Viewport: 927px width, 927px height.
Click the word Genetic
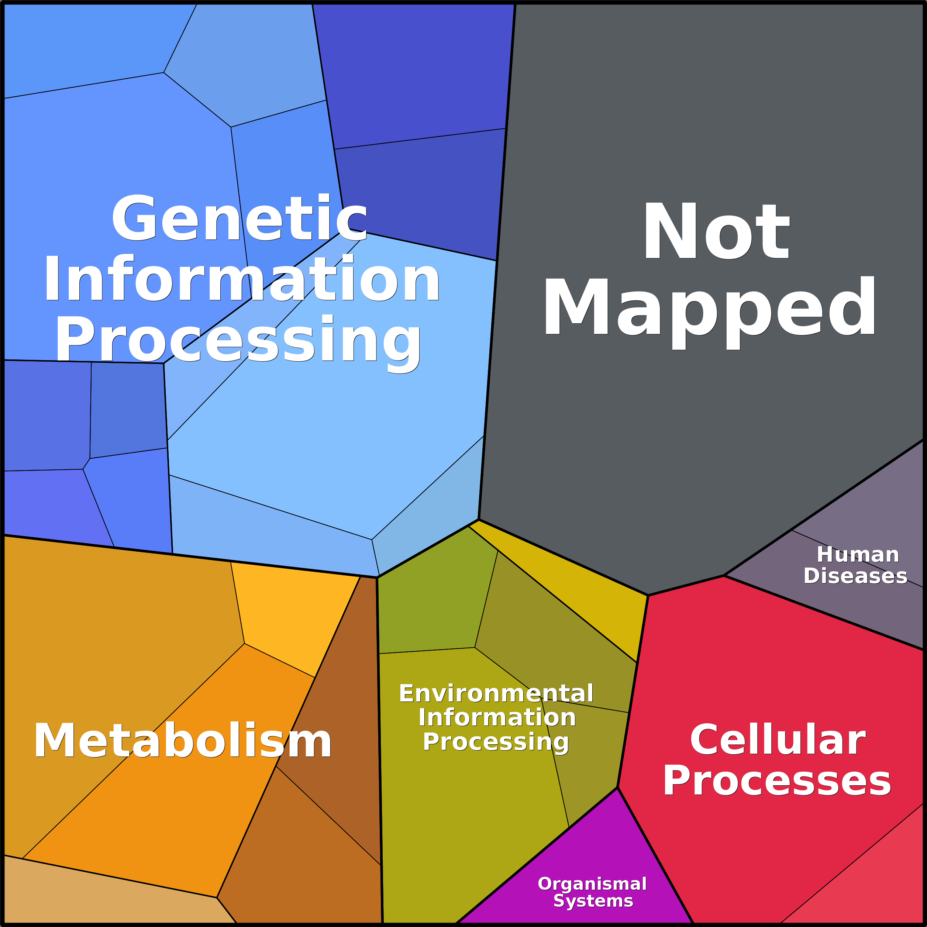pyautogui.click(x=239, y=218)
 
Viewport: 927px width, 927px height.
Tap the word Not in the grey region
pyautogui.click(x=716, y=231)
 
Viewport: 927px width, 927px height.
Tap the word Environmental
pyautogui.click(x=496, y=693)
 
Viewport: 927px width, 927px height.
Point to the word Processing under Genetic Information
pyautogui.click(x=238, y=341)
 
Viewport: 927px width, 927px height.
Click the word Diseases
pyautogui.click(x=855, y=576)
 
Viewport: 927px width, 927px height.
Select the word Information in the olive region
pyautogui.click(x=497, y=717)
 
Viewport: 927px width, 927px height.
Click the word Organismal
pyautogui.click(x=592, y=884)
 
